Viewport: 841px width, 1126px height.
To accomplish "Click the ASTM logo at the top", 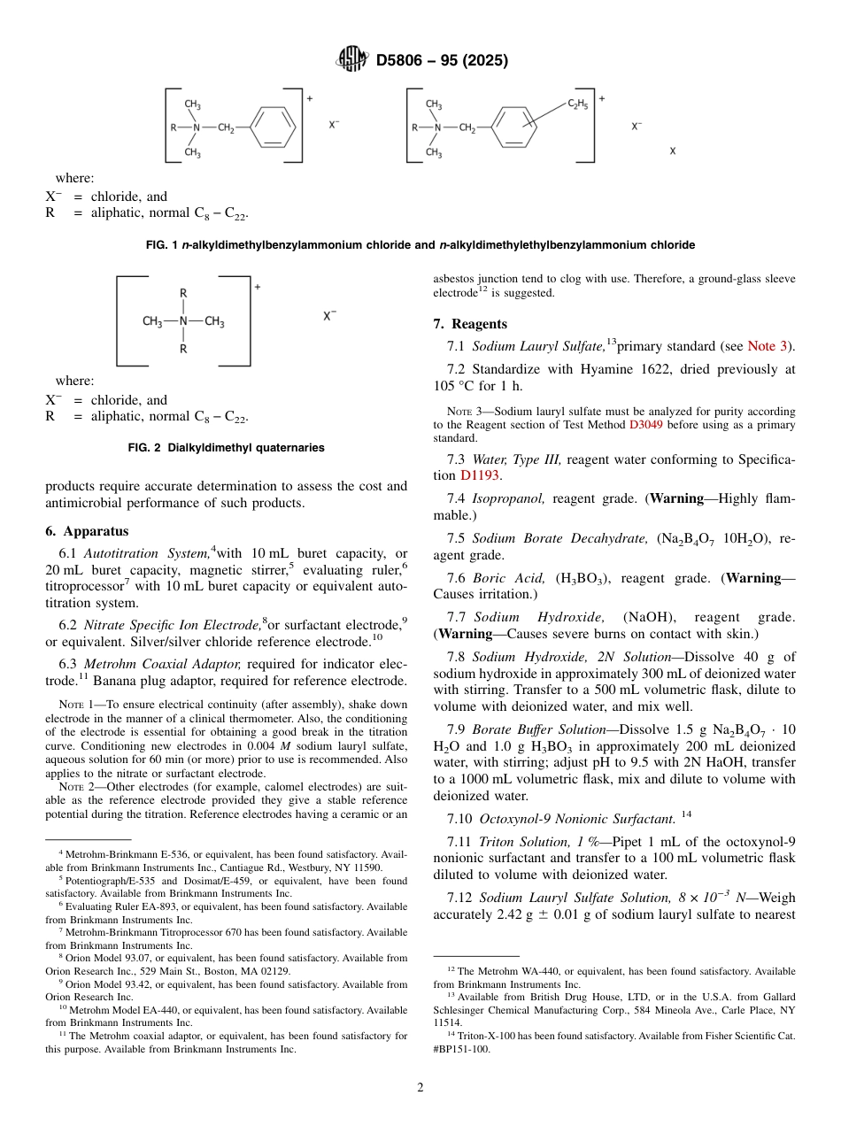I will click(x=351, y=60).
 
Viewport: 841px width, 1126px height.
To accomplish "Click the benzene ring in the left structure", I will click(x=273, y=128).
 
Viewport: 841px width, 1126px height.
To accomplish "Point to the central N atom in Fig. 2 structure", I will click(x=183, y=321).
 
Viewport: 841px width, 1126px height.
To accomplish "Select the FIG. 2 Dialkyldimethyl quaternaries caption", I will click(x=226, y=448).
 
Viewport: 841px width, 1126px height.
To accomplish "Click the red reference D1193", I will click(x=480, y=475).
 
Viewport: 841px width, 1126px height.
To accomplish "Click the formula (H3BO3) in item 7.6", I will click(x=583, y=578).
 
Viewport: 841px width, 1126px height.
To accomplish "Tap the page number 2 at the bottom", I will click(x=420, y=1088).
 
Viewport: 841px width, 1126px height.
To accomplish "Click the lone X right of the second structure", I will click(x=672, y=151).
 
